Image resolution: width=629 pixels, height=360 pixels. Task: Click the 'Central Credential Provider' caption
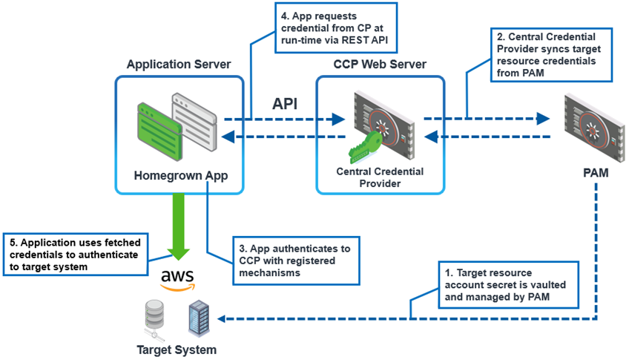click(x=381, y=178)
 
